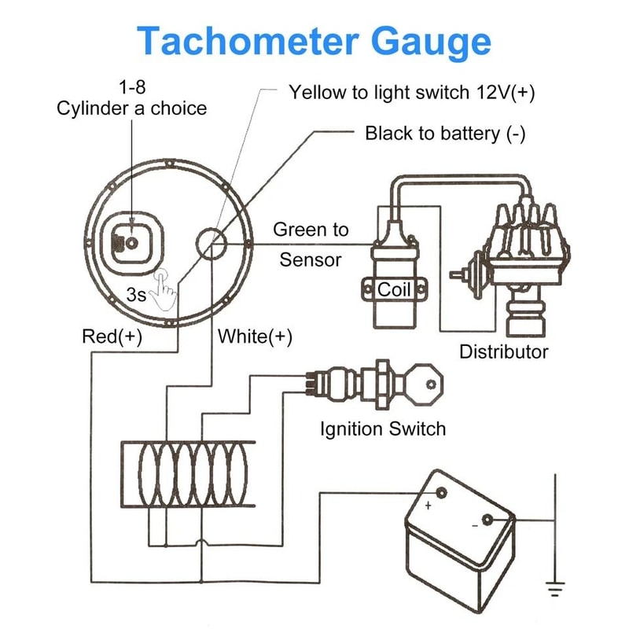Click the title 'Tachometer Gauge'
314,41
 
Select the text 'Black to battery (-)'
445,133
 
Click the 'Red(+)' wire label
112,337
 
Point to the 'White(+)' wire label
255,337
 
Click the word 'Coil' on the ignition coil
394,289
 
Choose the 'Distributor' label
503,351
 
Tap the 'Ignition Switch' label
382,429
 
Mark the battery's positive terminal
440,494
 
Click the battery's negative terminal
487,520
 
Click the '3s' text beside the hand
137,296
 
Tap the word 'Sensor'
311,259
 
